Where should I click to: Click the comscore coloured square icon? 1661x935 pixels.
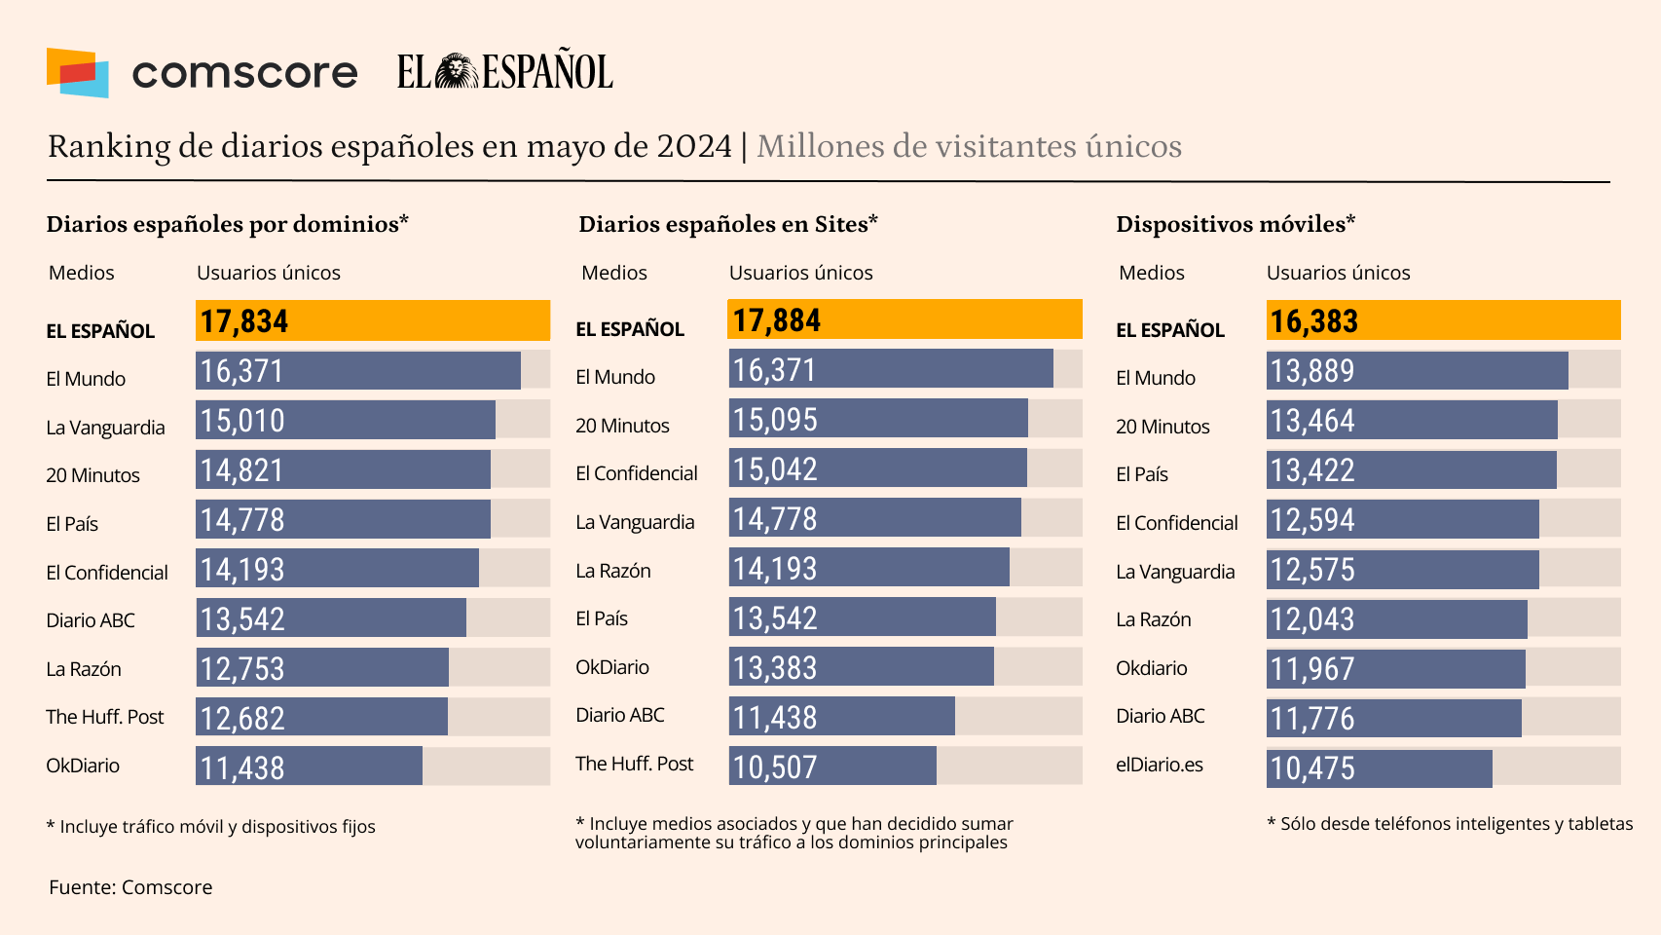(x=77, y=72)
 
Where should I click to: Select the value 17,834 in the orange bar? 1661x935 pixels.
(x=244, y=321)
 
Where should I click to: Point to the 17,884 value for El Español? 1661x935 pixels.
(x=777, y=320)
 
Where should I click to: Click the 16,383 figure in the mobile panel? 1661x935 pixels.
(x=1313, y=321)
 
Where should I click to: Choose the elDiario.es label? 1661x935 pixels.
(x=1160, y=765)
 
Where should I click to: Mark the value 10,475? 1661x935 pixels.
(x=1312, y=768)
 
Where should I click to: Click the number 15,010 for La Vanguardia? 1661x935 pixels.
(x=242, y=421)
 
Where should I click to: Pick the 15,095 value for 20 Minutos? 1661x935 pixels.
(x=775, y=420)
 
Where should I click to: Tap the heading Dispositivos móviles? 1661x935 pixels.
(x=1236, y=224)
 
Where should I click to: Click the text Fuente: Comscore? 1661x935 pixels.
(x=130, y=887)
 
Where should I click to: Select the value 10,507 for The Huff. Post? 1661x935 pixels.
(x=775, y=767)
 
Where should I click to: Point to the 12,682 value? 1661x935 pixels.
(x=242, y=719)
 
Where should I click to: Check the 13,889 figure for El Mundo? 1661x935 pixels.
(x=1312, y=371)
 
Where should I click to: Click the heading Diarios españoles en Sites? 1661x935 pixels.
(x=728, y=224)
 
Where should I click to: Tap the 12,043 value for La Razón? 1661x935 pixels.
(x=1312, y=619)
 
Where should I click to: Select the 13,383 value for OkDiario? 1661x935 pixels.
(x=775, y=668)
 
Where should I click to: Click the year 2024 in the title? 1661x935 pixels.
(x=694, y=146)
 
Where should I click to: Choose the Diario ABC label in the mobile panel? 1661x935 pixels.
(x=1161, y=716)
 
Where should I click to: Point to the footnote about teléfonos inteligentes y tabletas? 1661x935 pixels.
(x=1450, y=824)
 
